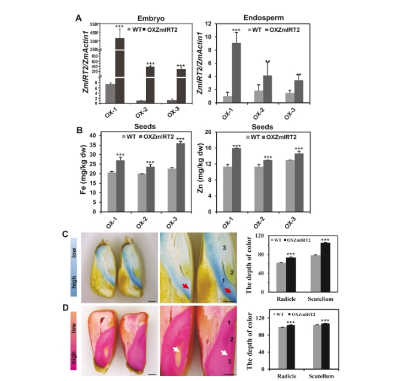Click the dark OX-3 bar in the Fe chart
[x=180, y=177]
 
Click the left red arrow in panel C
[x=187, y=289]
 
